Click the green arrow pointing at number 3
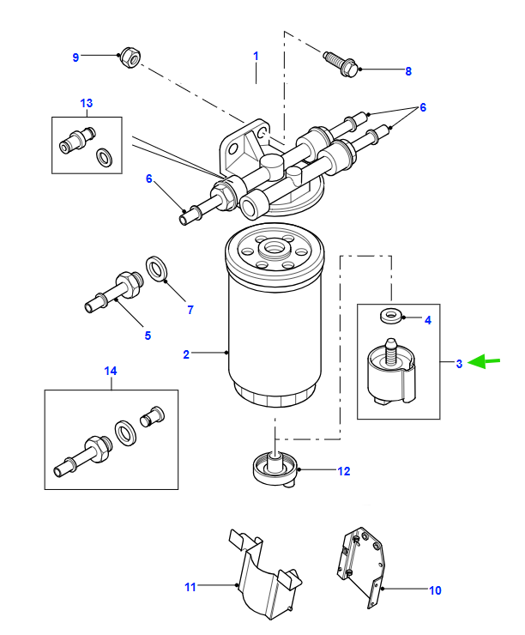click(484, 361)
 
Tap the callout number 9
click(75, 57)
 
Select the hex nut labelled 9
click(130, 57)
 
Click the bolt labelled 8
click(341, 64)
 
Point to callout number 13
click(87, 103)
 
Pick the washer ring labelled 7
click(158, 269)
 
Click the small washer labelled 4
click(392, 316)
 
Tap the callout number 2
click(186, 354)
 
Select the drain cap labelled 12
click(275, 469)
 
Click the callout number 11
click(190, 587)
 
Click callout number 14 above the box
click(111, 371)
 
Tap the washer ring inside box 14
click(125, 433)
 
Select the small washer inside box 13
click(105, 157)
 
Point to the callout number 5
click(148, 336)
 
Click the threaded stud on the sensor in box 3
click(390, 351)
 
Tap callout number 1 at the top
click(256, 56)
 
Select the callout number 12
click(344, 471)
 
